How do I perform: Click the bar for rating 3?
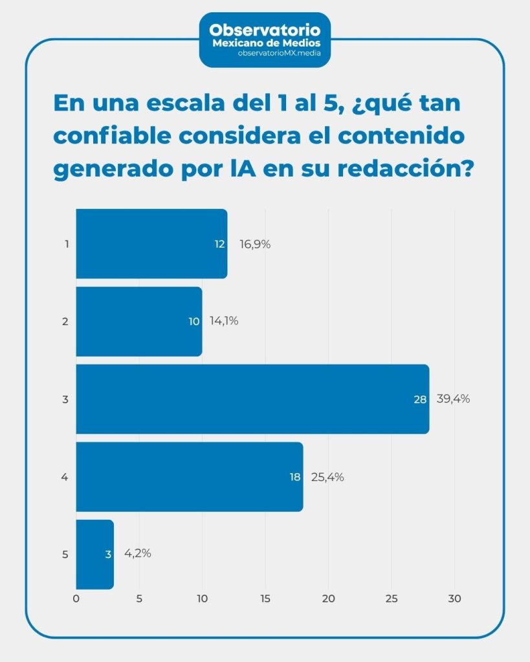pyautogui.click(x=252, y=399)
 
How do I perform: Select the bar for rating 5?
pyautogui.click(x=94, y=554)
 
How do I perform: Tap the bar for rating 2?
pyautogui.click(x=138, y=321)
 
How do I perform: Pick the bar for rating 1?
pyautogui.click(x=151, y=244)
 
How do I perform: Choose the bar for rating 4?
pyautogui.click(x=189, y=476)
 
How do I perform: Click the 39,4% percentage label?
pyautogui.click(x=453, y=399)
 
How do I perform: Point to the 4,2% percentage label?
pyautogui.click(x=137, y=553)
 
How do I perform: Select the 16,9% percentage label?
pyautogui.click(x=254, y=244)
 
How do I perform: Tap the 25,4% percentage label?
pyautogui.click(x=327, y=477)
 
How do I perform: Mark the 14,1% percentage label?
pyautogui.click(x=224, y=321)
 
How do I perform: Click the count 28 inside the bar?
pyautogui.click(x=420, y=400)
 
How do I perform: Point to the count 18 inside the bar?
pyautogui.click(x=294, y=477)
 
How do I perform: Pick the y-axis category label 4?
pyautogui.click(x=65, y=477)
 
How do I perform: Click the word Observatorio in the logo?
pyautogui.click(x=265, y=29)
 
